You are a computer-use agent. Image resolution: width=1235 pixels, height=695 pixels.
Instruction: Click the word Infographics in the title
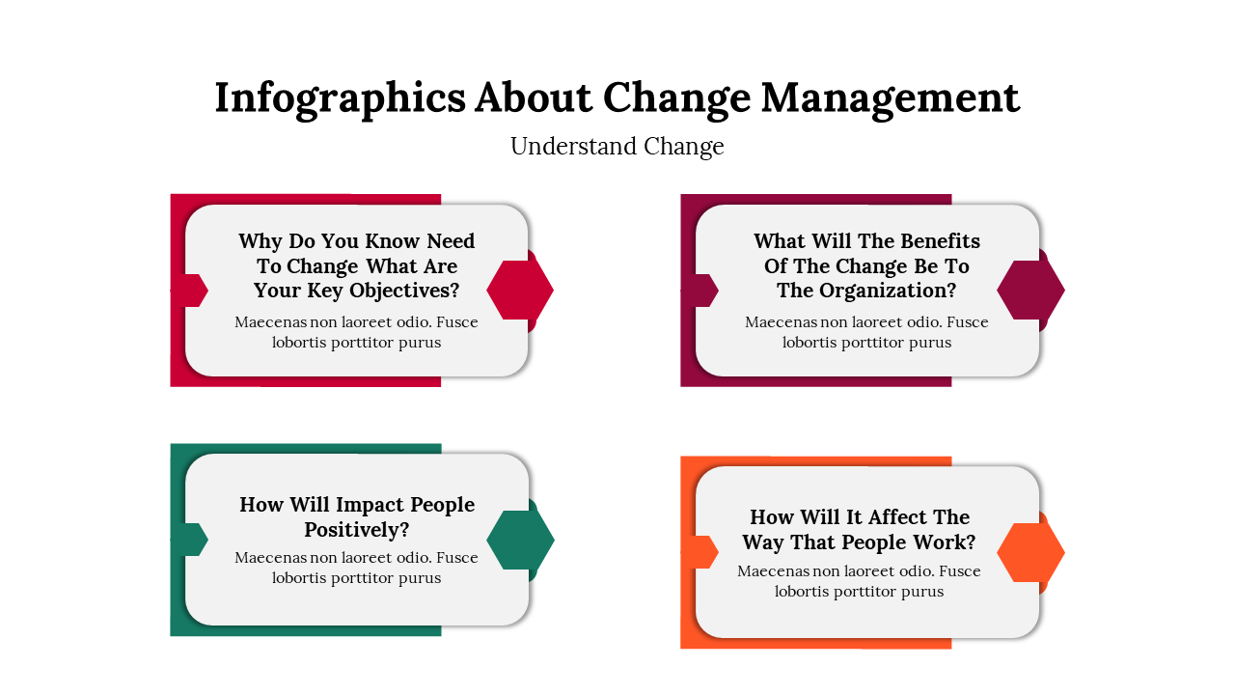341,98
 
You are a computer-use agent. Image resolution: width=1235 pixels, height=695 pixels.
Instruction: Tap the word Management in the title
891,98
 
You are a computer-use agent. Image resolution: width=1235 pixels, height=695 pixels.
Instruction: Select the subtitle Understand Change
617,146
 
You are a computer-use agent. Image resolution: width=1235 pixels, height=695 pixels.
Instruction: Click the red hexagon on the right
520,291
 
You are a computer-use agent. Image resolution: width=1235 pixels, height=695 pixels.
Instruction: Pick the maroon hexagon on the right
1030,291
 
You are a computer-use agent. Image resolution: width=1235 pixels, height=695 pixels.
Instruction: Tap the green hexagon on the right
520,540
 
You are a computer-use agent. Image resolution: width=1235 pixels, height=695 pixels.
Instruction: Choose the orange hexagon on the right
1030,553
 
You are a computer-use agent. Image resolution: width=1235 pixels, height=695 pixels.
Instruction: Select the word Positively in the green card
357,530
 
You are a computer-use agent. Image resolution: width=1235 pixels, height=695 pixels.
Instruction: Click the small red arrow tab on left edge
190,291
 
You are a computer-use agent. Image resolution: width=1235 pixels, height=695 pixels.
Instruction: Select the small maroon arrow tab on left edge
700,291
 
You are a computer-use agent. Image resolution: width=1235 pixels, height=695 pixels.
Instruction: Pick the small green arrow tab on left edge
190,540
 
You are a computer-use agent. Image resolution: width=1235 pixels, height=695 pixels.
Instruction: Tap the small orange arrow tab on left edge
700,552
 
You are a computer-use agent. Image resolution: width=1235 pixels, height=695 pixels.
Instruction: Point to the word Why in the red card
261,241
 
